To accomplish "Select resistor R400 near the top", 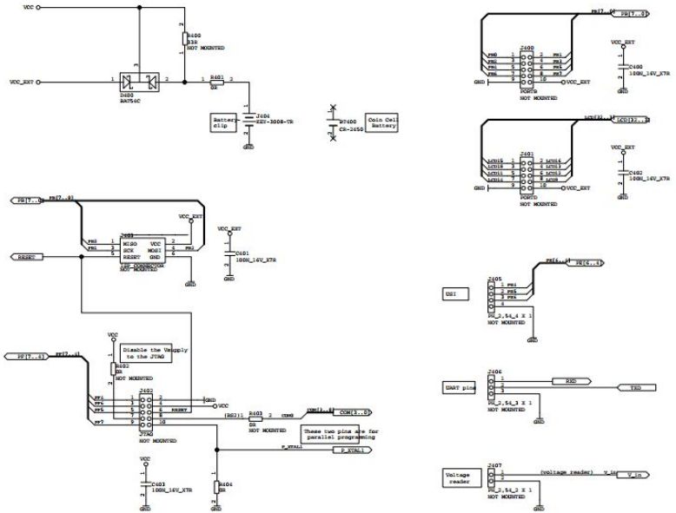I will coord(183,38).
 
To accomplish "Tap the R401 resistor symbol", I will coord(216,82).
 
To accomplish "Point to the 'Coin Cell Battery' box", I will coord(382,123).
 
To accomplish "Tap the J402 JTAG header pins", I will coord(146,409).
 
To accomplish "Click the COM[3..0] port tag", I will coord(354,411).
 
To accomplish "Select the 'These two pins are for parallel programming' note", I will coord(339,433).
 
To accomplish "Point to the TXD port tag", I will coord(633,387).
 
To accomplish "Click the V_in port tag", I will coord(635,475).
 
